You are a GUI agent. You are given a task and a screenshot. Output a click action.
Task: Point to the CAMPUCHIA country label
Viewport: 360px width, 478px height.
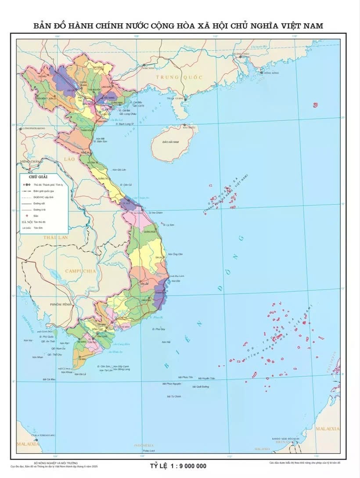click(80, 271)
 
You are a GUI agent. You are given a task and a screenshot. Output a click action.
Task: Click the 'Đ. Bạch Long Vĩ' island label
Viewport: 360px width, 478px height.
click(123, 124)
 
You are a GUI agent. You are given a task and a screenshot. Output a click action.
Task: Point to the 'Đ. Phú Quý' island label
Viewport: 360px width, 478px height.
click(158, 329)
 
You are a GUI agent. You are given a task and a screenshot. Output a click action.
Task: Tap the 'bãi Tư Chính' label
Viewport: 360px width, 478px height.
click(174, 396)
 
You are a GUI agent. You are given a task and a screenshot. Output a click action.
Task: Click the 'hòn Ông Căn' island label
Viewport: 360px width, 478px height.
click(177, 254)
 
